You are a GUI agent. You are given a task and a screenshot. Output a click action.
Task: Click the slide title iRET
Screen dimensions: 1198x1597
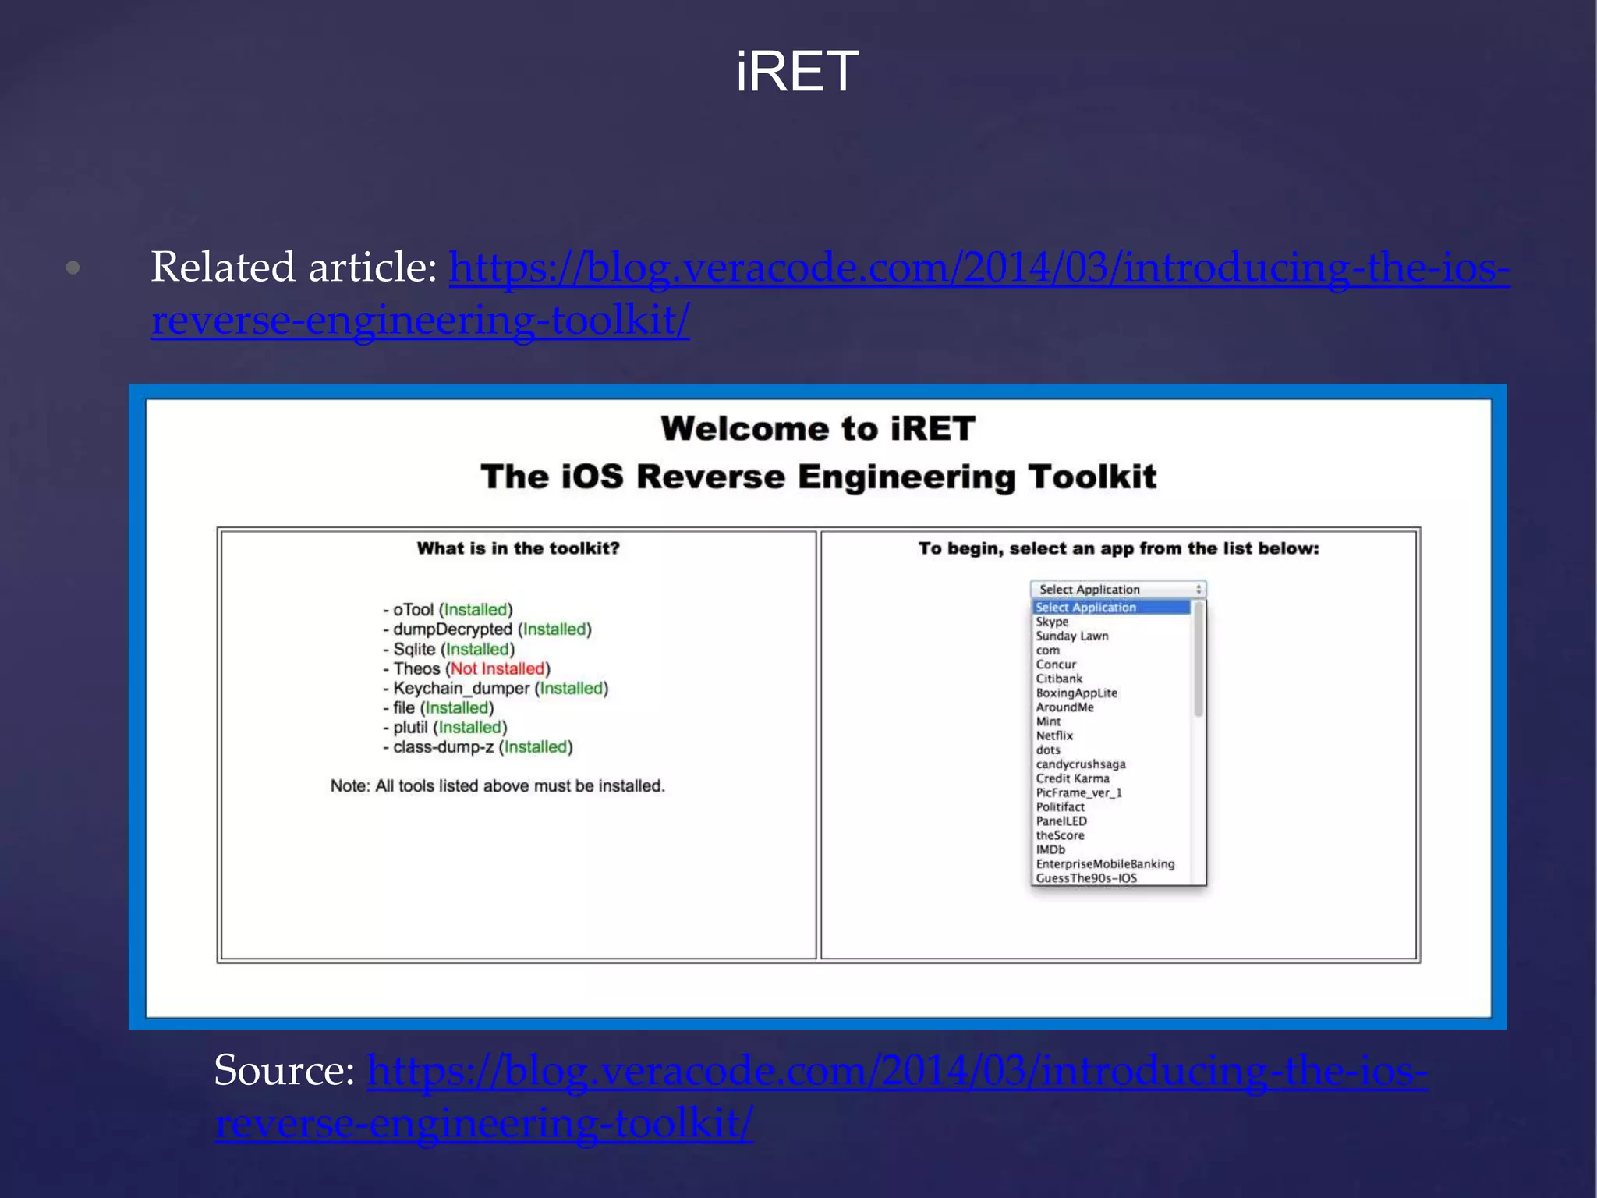(797, 72)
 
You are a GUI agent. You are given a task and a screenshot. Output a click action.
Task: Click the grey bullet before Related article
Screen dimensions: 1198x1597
(73, 268)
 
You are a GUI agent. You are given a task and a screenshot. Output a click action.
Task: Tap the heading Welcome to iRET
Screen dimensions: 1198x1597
(818, 429)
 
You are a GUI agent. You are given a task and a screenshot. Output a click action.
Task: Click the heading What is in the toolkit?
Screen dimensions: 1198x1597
(518, 548)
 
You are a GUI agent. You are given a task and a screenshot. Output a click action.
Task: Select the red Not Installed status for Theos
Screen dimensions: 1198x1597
(498, 668)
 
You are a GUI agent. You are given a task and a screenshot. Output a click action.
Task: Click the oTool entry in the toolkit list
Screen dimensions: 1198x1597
(413, 610)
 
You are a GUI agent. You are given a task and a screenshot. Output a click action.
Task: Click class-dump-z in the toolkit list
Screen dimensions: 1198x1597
(443, 746)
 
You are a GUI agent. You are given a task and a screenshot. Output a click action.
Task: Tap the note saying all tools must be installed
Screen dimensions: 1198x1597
(498, 785)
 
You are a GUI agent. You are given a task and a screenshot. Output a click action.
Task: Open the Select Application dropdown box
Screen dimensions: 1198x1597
(1117, 590)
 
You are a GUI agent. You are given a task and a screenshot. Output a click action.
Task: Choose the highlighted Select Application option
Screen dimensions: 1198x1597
(1086, 608)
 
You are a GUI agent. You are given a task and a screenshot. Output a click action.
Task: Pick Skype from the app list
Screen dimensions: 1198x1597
(1052, 622)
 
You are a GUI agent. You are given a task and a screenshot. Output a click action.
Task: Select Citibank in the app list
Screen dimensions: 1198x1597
(1059, 679)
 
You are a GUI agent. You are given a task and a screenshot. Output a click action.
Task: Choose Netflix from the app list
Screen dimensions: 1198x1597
(1054, 735)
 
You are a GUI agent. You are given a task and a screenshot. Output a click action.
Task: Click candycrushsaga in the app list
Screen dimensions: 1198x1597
(1081, 764)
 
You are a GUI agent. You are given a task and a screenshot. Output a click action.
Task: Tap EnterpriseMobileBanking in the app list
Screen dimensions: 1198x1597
(1105, 863)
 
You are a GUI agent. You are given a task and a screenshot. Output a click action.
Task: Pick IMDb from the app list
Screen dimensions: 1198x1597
(1050, 849)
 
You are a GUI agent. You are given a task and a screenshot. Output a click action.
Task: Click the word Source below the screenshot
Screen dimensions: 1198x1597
(284, 1070)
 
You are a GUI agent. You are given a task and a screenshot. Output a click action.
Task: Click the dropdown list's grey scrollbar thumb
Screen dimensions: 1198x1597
(1199, 659)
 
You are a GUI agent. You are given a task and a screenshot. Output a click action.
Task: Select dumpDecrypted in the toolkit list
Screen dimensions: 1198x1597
(452, 629)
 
